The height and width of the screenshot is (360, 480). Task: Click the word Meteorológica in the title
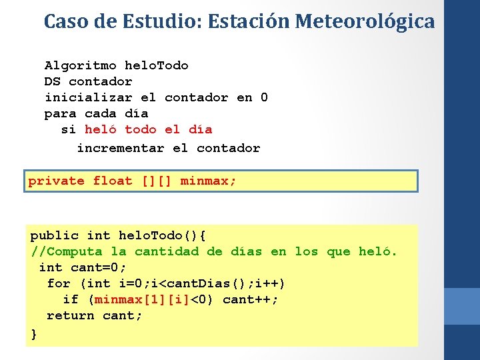[365, 21]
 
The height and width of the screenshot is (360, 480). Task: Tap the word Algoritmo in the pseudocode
[81, 65]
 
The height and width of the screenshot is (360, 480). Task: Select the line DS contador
[88, 81]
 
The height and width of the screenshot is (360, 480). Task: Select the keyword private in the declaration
[56, 181]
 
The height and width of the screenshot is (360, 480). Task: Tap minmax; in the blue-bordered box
[208, 181]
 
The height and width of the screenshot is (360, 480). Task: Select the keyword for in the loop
[59, 283]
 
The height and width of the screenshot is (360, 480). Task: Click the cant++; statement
[251, 299]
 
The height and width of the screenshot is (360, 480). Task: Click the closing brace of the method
[34, 333]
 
